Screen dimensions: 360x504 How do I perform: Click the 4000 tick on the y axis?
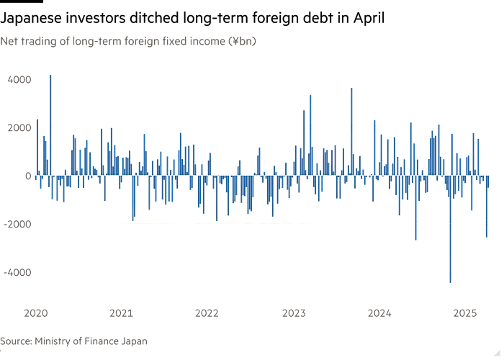(x=17, y=80)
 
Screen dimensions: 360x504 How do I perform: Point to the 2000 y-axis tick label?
(x=17, y=127)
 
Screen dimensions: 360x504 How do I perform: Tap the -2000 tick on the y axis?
(x=16, y=224)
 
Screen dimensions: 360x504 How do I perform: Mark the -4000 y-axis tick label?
(x=16, y=272)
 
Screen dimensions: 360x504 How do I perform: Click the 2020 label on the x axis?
(x=36, y=313)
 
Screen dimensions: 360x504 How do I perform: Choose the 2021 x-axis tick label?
(x=122, y=313)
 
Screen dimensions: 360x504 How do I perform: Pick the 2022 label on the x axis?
(x=207, y=313)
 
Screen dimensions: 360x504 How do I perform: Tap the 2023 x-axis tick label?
(x=293, y=313)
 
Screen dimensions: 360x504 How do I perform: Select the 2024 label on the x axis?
(x=379, y=313)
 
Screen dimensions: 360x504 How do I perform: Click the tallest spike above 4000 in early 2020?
(x=49, y=71)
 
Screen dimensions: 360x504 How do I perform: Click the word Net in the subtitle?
(x=9, y=40)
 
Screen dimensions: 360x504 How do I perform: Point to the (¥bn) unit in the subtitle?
(x=243, y=40)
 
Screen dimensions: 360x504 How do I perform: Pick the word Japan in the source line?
(x=135, y=341)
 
